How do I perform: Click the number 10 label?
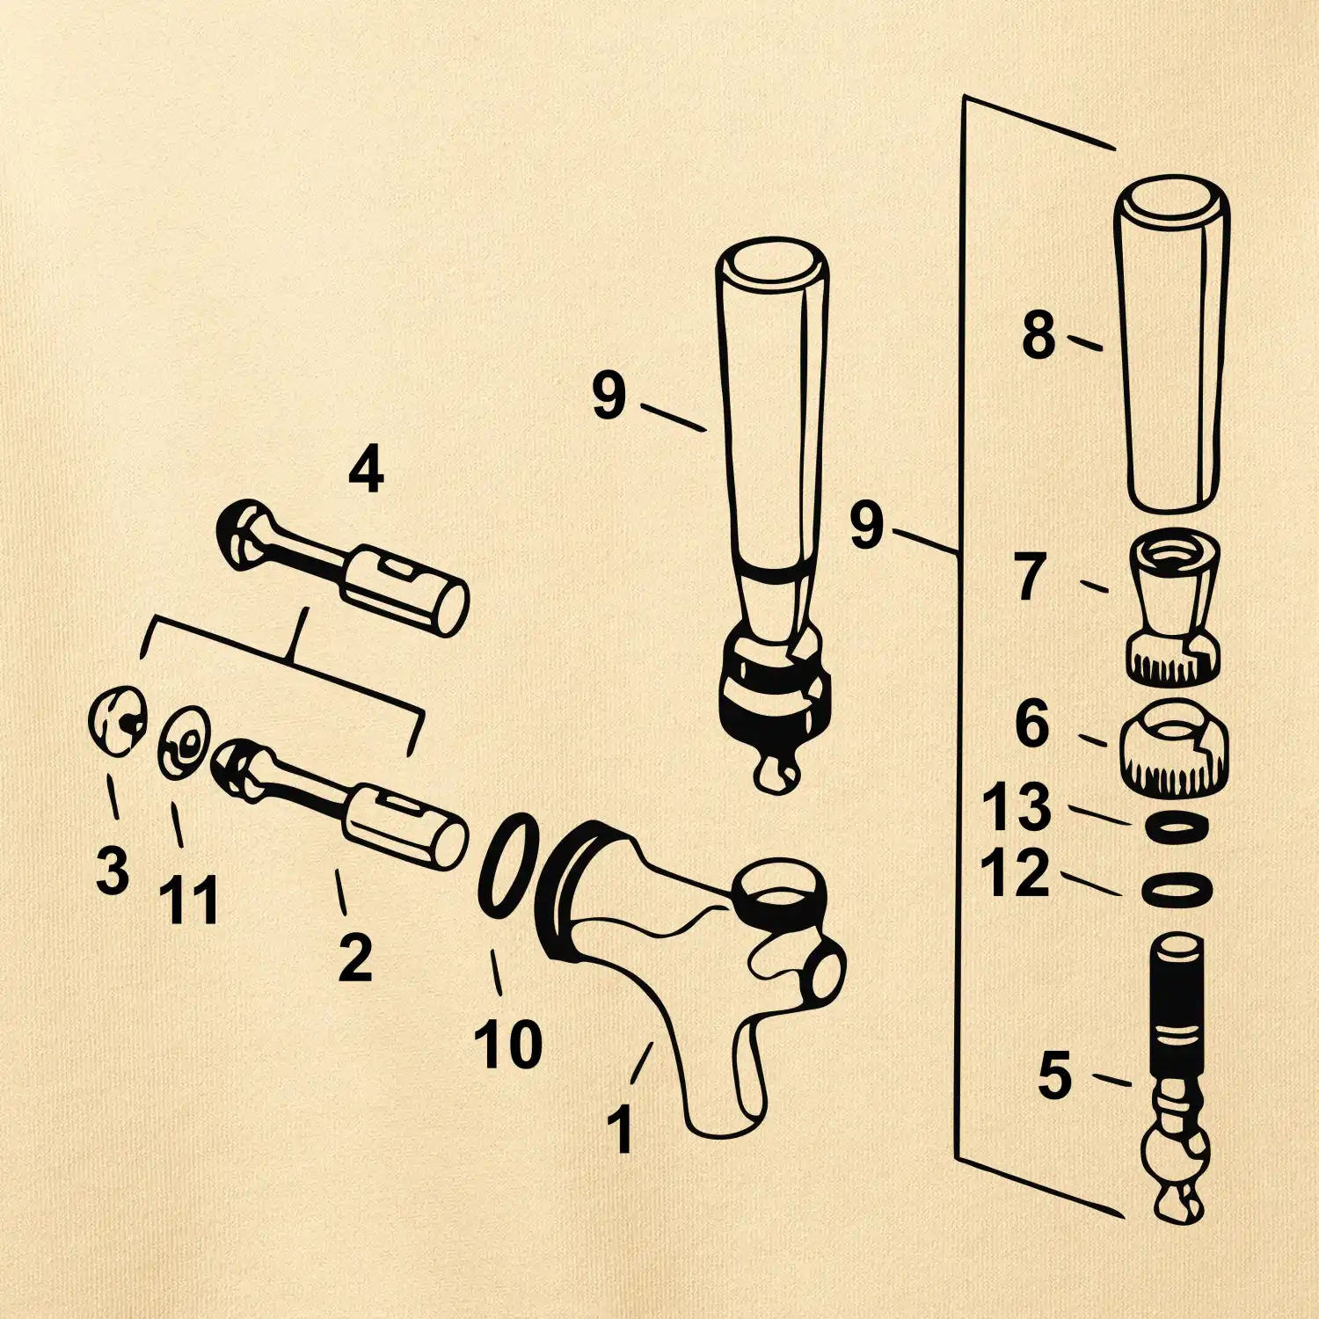pos(507,1045)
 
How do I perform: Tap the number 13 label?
pos(1017,806)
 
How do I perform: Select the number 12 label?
pos(1016,872)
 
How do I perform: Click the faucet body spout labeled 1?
pos(695,967)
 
